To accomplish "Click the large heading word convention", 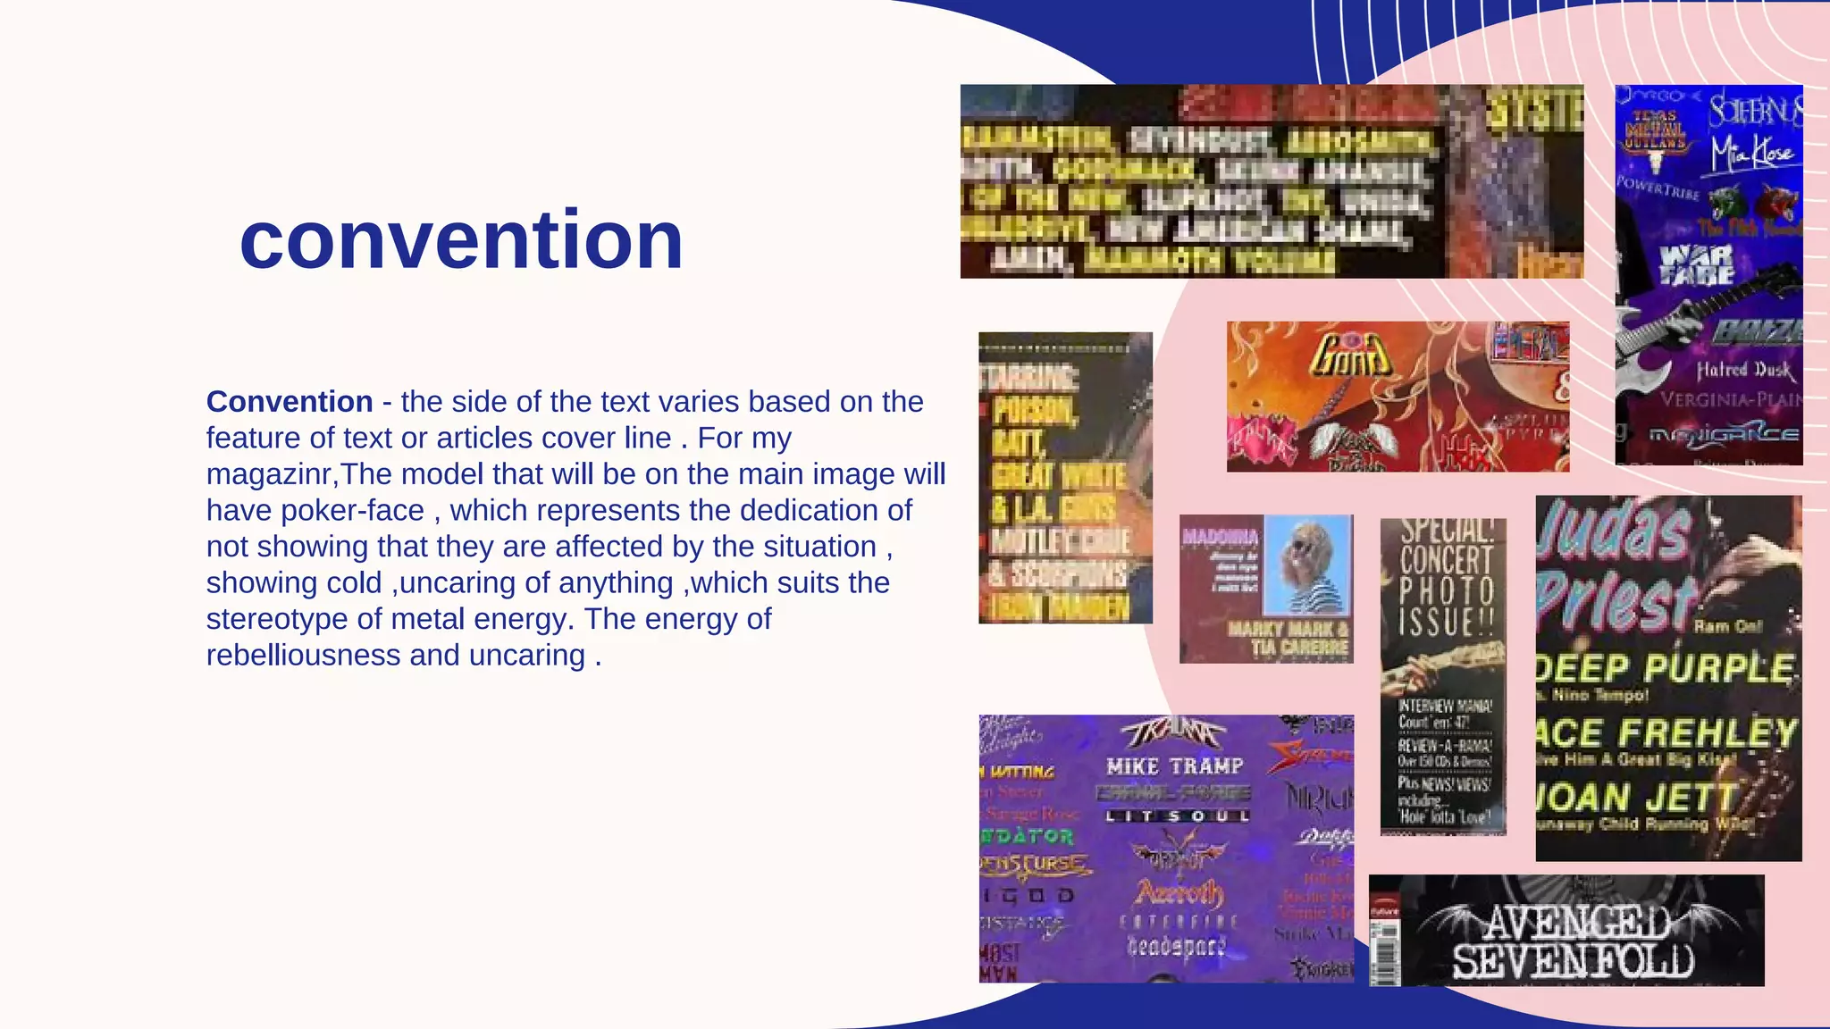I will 461,240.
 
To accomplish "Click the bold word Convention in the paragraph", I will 290,402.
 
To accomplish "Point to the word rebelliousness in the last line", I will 304,655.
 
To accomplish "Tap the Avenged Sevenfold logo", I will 1574,943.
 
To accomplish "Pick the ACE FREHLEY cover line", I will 1666,733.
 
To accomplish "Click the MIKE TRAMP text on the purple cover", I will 1174,766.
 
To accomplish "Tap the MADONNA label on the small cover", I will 1220,537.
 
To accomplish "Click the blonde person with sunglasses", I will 1310,567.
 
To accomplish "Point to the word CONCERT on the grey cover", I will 1446,561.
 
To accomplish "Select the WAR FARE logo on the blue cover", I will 1696,265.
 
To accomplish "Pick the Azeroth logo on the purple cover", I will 1179,891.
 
